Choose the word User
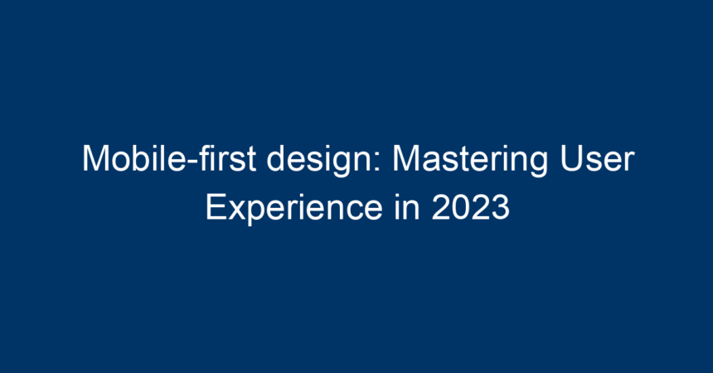pyautogui.click(x=598, y=159)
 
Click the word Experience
pyautogui.click(x=294, y=209)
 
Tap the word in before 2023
pyautogui.click(x=407, y=207)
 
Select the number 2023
pyautogui.click(x=471, y=207)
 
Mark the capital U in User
pyautogui.click(x=571, y=159)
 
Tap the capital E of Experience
pyautogui.click(x=216, y=207)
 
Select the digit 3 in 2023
pyautogui.click(x=501, y=207)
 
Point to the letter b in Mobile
pyautogui.click(x=139, y=159)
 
